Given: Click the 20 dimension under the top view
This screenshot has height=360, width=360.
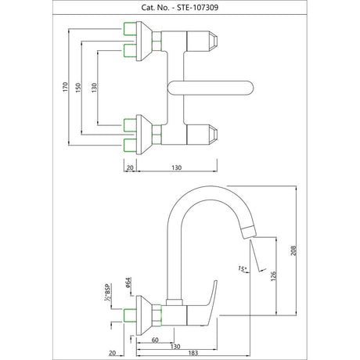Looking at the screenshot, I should [130, 167].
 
